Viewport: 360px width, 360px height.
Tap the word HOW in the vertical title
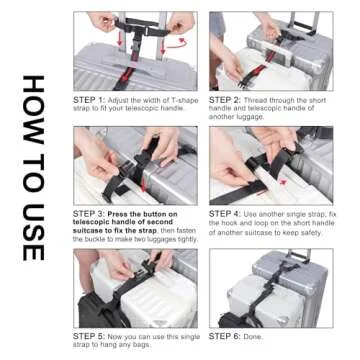pos(33,105)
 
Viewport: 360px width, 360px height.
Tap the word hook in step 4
pos(240,223)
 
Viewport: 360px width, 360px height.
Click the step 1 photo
pos(134,50)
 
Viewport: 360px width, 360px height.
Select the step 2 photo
pos(270,50)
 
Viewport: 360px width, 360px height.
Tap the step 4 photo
pos(270,165)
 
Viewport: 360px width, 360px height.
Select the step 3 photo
pos(134,165)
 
